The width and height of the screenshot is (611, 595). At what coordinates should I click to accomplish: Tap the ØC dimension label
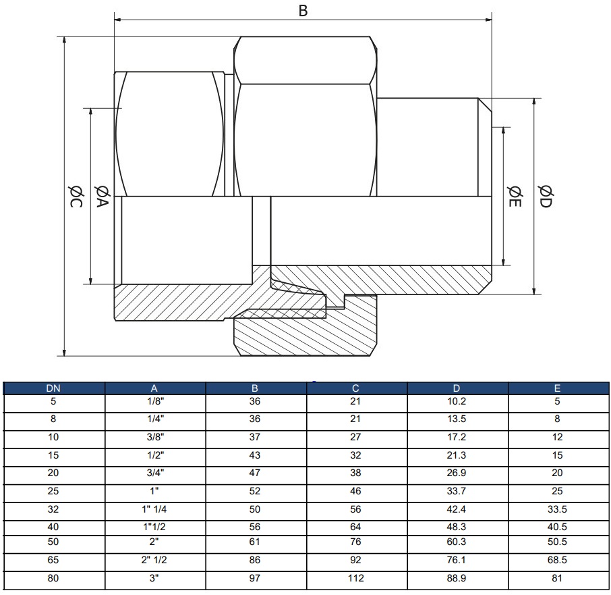tap(75, 196)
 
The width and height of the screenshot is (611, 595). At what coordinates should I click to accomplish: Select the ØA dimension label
tap(102, 196)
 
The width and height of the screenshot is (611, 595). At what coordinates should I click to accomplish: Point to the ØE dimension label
tap(514, 195)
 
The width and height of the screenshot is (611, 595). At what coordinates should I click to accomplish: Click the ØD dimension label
tap(546, 196)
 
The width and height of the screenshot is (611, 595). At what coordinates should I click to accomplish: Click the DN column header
tap(53, 388)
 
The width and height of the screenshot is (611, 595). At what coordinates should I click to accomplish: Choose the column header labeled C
tap(355, 388)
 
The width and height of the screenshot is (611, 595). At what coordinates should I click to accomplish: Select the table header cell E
tap(557, 388)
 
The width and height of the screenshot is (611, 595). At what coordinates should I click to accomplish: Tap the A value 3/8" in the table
tap(154, 437)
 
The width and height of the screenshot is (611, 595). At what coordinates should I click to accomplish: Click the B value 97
tap(255, 578)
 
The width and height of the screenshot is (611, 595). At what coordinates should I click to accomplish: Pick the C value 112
tap(355, 578)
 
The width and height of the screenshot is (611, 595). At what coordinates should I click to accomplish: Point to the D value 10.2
tap(457, 401)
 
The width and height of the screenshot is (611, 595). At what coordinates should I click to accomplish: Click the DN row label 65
tap(53, 560)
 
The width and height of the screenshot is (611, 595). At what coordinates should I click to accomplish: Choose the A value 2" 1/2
tap(154, 560)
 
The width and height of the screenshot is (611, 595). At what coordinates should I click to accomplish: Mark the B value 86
tap(255, 560)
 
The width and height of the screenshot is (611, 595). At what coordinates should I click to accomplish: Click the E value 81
tap(557, 578)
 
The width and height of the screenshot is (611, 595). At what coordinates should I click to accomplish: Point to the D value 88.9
tap(457, 578)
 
